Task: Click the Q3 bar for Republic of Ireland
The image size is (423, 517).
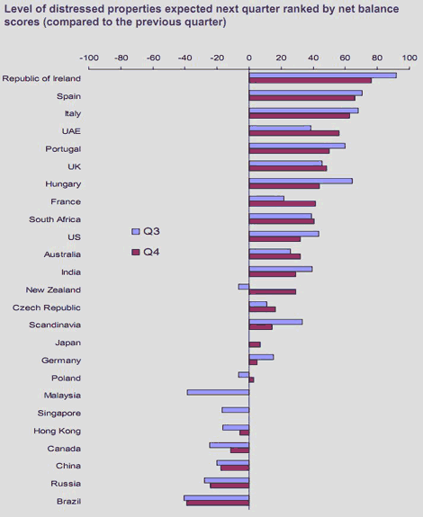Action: click(323, 76)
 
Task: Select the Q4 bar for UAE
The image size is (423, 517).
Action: click(294, 133)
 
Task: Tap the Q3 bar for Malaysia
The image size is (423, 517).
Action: click(218, 392)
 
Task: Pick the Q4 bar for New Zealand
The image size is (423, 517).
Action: click(273, 292)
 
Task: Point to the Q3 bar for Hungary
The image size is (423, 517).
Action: click(301, 181)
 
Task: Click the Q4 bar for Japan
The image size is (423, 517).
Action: click(255, 344)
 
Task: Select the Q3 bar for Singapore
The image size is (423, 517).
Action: click(235, 410)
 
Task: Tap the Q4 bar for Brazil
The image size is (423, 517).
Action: click(218, 504)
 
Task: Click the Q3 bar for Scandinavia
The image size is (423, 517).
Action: click(275, 322)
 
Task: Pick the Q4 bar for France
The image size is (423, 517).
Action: click(282, 204)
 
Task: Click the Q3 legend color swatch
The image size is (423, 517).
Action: click(136, 231)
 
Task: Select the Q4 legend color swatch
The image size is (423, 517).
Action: click(136, 253)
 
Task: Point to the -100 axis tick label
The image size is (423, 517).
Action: click(89, 58)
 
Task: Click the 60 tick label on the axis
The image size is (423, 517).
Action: click(345, 58)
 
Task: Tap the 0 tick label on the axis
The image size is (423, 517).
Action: click(249, 58)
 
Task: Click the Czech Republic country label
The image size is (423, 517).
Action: click(47, 308)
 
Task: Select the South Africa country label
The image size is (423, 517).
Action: click(55, 219)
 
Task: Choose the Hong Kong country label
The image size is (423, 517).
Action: click(57, 431)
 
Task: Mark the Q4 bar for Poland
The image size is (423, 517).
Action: click(251, 379)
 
